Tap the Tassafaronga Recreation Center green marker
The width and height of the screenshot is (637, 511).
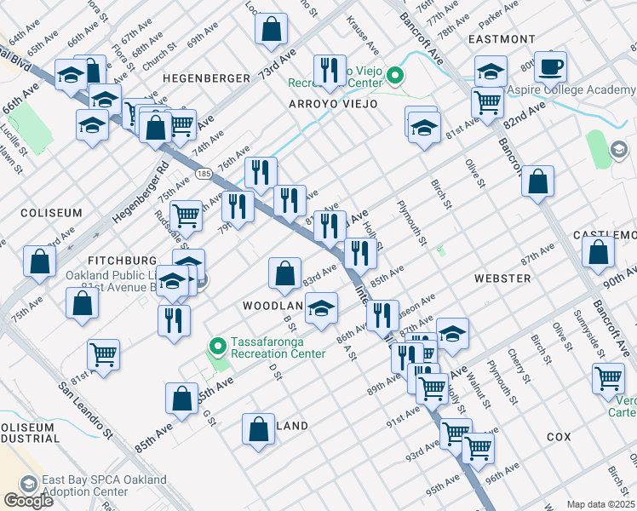pos(218,347)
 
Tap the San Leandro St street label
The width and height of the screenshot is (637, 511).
pos(85,409)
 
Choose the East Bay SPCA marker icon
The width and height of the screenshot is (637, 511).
pos(29,485)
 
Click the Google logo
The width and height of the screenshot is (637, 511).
pos(28,500)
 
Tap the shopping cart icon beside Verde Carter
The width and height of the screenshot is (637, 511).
pos(608,377)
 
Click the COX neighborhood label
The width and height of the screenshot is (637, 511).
pos(559,436)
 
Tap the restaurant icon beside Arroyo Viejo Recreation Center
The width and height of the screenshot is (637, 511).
pos(329,70)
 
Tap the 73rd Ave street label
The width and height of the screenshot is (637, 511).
pos(278,64)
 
